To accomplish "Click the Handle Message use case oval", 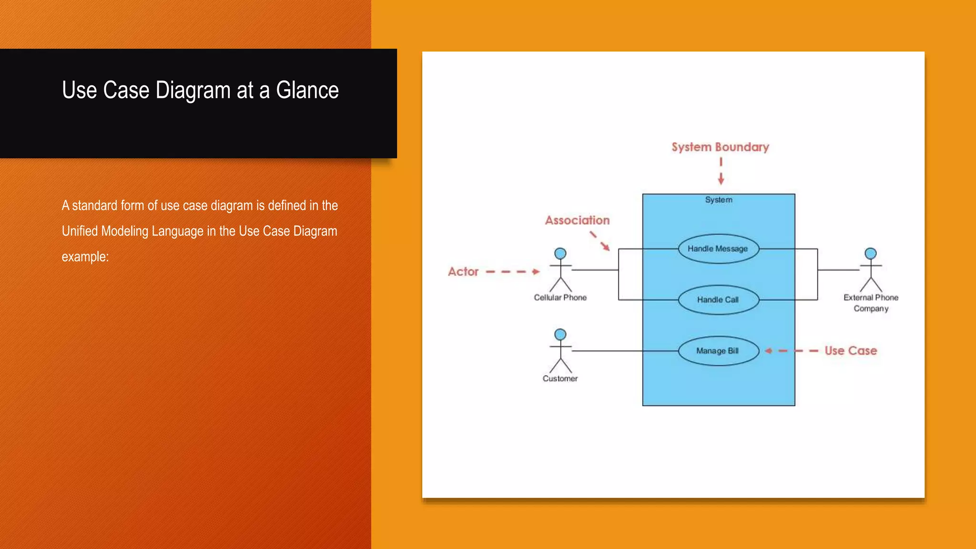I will pos(718,249).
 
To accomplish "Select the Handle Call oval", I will pos(718,300).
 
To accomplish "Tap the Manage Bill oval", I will pos(718,351).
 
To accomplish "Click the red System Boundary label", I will pos(720,147).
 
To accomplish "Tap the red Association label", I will pos(577,220).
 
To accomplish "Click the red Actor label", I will pos(463,272).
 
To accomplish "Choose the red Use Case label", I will pos(851,351).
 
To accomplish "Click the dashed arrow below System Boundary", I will pos(721,171).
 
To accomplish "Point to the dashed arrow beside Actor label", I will pos(513,272).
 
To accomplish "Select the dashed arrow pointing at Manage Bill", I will pos(791,351).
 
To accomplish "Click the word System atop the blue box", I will pos(719,200).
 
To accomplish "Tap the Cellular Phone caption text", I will pos(560,297).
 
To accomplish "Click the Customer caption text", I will pos(560,378).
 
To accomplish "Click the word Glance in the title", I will pos(307,91).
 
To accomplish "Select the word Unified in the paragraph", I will pos(80,231).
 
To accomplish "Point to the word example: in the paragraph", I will pos(85,257).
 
